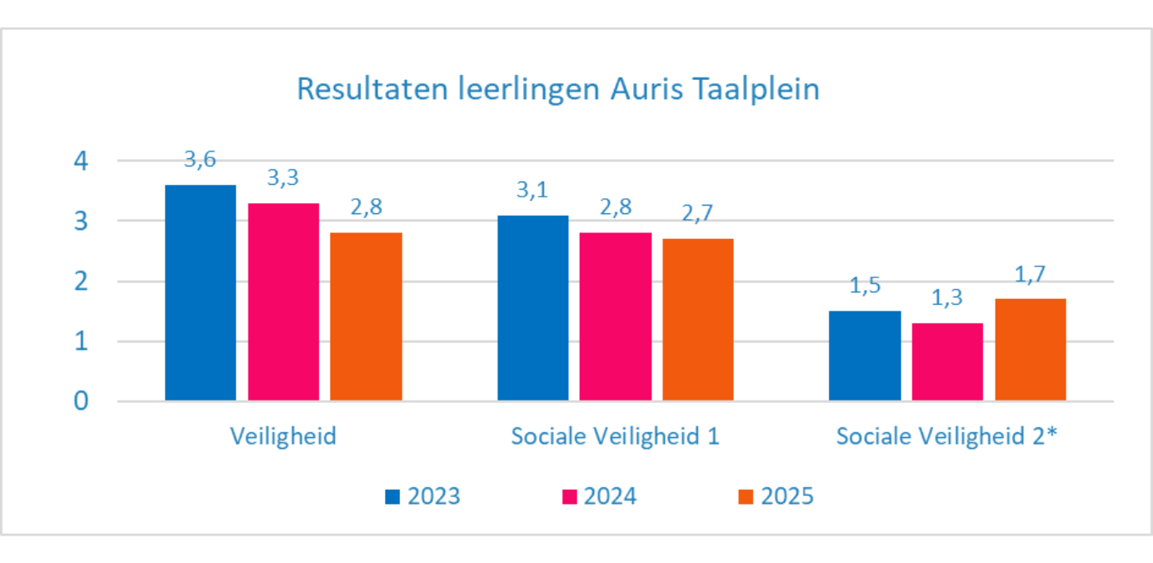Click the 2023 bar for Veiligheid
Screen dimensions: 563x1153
coord(200,292)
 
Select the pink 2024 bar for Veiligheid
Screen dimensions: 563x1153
coord(282,301)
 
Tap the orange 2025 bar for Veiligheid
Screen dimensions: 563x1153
coord(366,316)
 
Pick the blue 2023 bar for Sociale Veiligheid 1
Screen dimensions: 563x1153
coord(532,308)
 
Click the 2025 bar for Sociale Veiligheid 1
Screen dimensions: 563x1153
coord(698,320)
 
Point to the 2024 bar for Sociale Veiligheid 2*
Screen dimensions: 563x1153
coord(947,361)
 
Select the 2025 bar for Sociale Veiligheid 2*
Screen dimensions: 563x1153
coord(1031,350)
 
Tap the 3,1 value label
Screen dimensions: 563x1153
coord(533,191)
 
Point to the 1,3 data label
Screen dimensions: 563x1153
coord(947,298)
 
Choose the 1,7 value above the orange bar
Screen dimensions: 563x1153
coord(1031,274)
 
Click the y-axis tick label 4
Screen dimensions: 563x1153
coord(81,161)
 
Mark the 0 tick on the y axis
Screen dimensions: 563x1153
coord(81,401)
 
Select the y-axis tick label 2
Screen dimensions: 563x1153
coord(81,281)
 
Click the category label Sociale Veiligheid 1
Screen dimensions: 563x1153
coord(615,436)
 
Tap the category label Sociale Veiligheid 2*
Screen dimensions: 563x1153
coord(947,436)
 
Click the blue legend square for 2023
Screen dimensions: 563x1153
coord(392,497)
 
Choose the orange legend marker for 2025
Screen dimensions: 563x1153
coord(746,497)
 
